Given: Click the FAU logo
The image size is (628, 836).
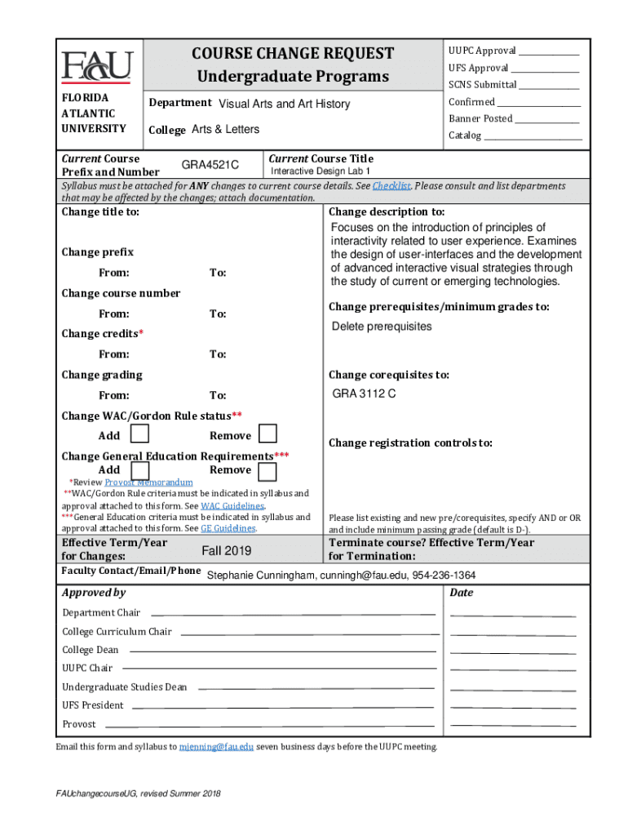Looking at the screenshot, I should (96, 65).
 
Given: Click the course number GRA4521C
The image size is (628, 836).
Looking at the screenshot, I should (210, 165).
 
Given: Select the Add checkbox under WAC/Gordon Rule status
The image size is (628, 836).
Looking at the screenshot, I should (140, 434).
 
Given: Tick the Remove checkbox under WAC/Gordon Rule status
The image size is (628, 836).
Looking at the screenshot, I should (268, 434).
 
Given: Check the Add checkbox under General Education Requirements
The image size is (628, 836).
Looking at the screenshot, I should (140, 470).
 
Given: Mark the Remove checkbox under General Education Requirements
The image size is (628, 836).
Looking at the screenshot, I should (268, 470).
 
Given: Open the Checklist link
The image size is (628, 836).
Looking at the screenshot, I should (391, 186).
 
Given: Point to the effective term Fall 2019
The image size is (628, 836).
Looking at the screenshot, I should (227, 550).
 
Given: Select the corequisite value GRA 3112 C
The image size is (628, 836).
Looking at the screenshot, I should (364, 394).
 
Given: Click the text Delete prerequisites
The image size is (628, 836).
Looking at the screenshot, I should (382, 327).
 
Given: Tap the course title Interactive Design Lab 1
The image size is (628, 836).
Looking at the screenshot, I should (321, 171).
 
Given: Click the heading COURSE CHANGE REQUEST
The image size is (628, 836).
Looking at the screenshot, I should (293, 54).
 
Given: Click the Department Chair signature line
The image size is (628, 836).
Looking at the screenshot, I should (293, 613).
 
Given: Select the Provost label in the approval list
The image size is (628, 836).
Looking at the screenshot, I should (79, 724).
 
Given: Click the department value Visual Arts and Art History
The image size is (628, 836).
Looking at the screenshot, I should (284, 104).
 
